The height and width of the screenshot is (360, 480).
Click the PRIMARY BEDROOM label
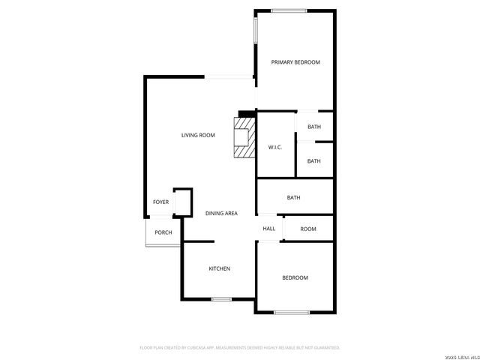pyautogui.click(x=295, y=62)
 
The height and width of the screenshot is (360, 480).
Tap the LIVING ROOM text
pyautogui.click(x=198, y=135)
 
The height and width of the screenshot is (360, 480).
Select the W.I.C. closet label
pyautogui.click(x=275, y=147)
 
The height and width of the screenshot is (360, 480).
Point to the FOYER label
pyautogui.click(x=160, y=202)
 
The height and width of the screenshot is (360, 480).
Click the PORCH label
pyautogui.click(x=163, y=232)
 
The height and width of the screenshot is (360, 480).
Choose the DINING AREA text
pyautogui.click(x=221, y=214)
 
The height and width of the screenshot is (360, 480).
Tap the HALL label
pyautogui.click(x=269, y=229)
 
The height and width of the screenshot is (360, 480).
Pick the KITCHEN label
pyautogui.click(x=219, y=268)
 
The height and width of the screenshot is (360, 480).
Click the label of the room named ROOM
pyautogui.click(x=308, y=229)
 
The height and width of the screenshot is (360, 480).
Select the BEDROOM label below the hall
pyautogui.click(x=295, y=278)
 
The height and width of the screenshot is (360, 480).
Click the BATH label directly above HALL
pyautogui.click(x=294, y=198)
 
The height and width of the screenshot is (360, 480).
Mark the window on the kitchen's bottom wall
pyautogui.click(x=221, y=299)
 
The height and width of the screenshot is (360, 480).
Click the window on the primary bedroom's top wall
pyautogui.click(x=289, y=10)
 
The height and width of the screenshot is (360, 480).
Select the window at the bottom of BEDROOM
pyautogui.click(x=292, y=312)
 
